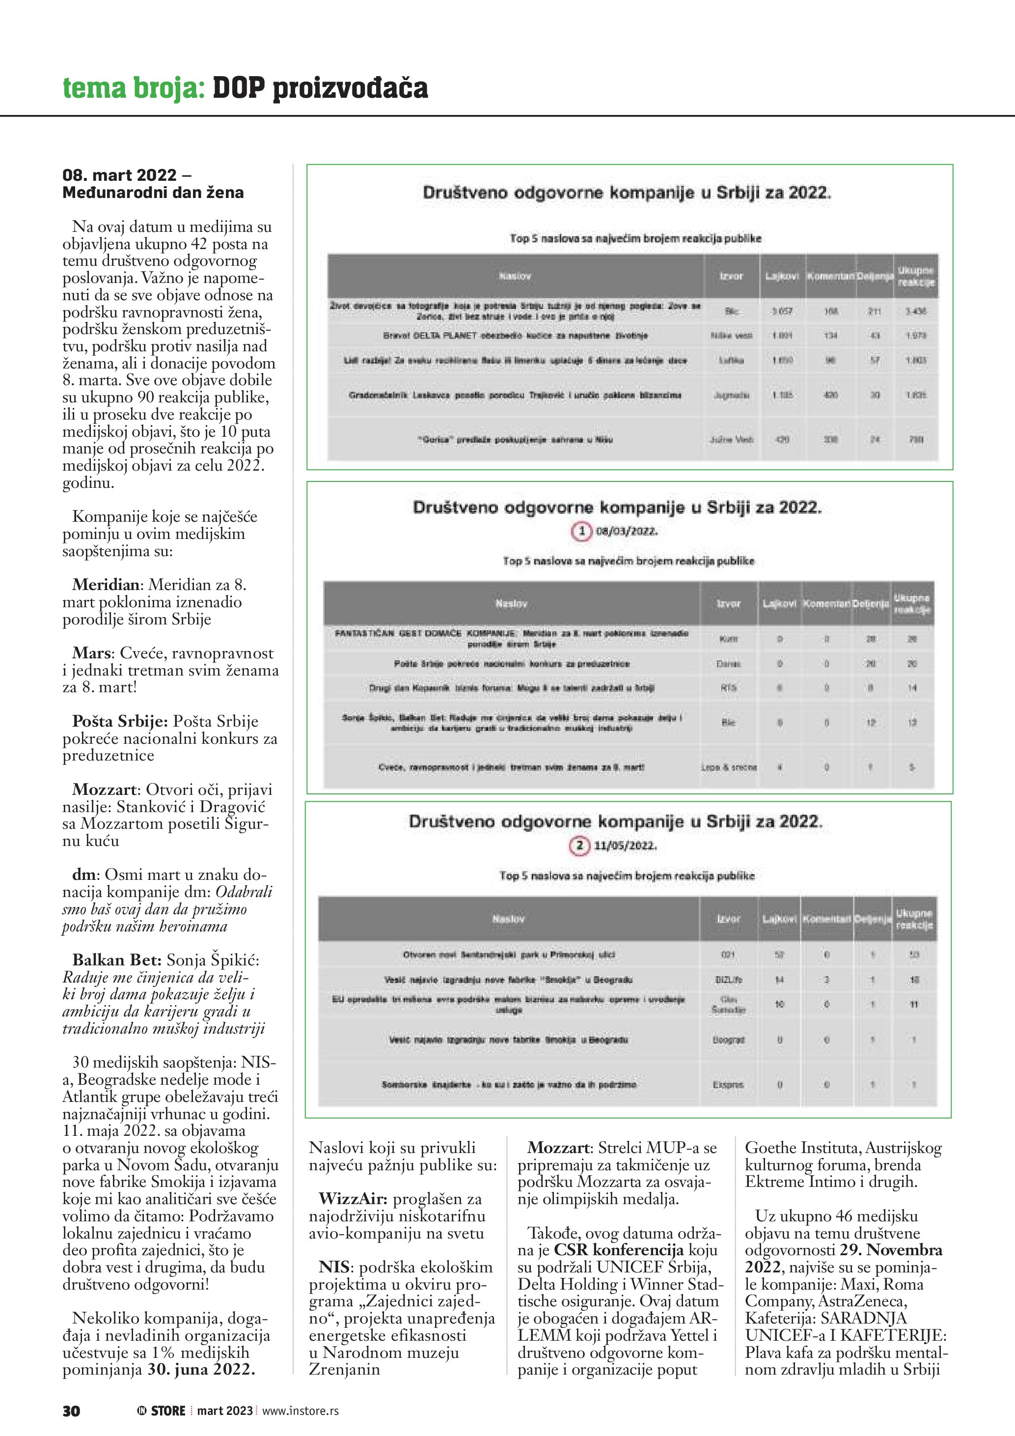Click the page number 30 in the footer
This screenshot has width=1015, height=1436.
(x=71, y=1410)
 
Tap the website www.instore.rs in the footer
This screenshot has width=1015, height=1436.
(x=301, y=1410)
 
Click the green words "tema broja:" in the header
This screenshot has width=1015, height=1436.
(x=134, y=88)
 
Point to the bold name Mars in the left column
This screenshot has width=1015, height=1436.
(x=91, y=653)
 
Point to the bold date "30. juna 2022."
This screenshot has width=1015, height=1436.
(x=201, y=1369)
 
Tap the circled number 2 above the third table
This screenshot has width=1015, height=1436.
(x=579, y=845)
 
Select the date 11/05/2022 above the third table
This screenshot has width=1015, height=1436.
(x=625, y=846)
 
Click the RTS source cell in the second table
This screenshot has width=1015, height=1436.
(x=729, y=687)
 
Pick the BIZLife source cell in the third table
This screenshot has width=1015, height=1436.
(x=729, y=980)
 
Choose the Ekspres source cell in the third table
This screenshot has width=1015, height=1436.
(x=728, y=1085)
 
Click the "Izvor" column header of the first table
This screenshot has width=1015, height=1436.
(x=731, y=276)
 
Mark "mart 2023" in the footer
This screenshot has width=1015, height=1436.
(x=225, y=1410)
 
